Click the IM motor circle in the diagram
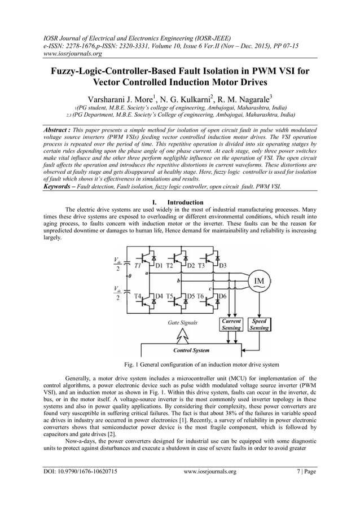click(260, 282)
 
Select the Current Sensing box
click(231, 324)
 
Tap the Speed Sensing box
click(259, 324)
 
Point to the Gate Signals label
click(183, 323)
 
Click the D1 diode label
click(159, 265)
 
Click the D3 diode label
click(222, 265)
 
